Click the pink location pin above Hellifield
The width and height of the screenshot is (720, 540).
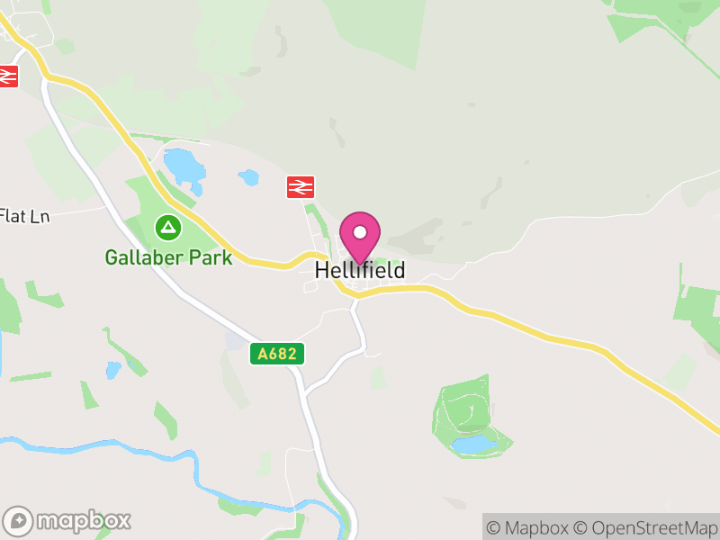[x=360, y=237]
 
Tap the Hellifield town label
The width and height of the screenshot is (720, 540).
[x=360, y=270]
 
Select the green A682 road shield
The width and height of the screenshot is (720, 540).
[x=277, y=355]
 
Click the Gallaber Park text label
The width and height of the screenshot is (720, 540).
[x=168, y=257]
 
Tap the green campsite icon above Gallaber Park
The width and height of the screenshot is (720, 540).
[x=166, y=225]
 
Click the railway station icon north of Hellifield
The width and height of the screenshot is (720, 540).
[x=301, y=186]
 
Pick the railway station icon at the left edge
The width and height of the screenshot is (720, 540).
[x=7, y=76]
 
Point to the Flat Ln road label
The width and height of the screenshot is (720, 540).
[x=24, y=216]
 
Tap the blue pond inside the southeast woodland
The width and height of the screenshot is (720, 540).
[x=472, y=445]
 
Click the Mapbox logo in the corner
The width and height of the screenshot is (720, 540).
[x=68, y=520]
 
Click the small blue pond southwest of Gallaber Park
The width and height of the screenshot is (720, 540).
[x=112, y=370]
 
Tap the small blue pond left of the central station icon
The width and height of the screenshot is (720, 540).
[x=248, y=178]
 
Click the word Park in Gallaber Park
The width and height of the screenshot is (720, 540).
[x=212, y=257]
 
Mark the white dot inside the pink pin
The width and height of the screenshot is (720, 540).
[x=360, y=231]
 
